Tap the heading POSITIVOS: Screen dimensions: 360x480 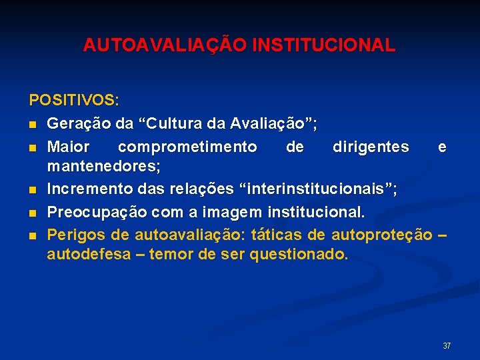[x=74, y=101]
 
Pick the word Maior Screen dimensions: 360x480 [x=69, y=147]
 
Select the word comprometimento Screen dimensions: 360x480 [x=187, y=147]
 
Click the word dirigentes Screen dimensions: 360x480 [x=371, y=147]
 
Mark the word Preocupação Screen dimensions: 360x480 [x=97, y=213]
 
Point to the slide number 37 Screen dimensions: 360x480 [x=447, y=346]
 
